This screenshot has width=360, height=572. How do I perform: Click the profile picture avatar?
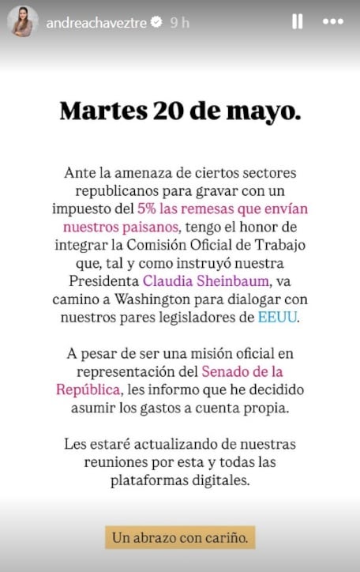23,21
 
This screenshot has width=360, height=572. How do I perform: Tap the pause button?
298,22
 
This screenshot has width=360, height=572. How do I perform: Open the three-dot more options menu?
333,22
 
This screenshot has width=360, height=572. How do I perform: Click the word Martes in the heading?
100,111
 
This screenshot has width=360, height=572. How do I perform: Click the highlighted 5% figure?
147,209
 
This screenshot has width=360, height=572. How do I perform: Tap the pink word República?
88,389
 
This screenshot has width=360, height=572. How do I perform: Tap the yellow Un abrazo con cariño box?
180,537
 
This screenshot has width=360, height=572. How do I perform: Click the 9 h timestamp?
180,22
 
